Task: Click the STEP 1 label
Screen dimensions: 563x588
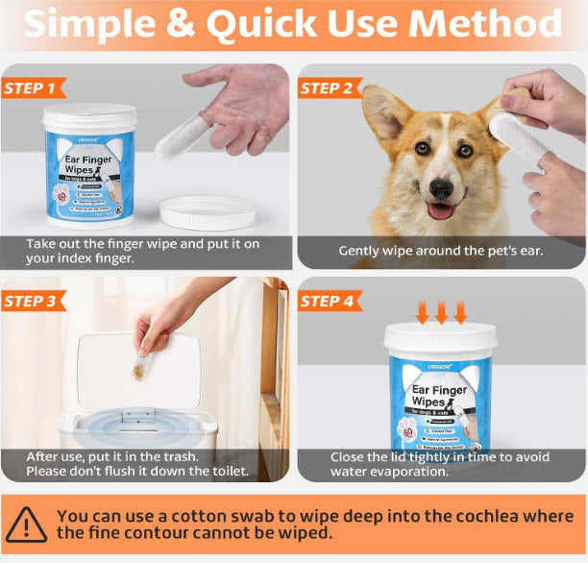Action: click(31, 88)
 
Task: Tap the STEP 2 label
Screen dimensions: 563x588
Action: click(327, 88)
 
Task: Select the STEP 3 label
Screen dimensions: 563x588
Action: click(31, 301)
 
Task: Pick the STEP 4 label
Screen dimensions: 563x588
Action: click(327, 301)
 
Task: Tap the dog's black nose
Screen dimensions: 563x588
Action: click(441, 187)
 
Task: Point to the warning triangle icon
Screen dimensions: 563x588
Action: click(26, 525)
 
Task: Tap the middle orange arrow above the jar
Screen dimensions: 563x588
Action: click(441, 311)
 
